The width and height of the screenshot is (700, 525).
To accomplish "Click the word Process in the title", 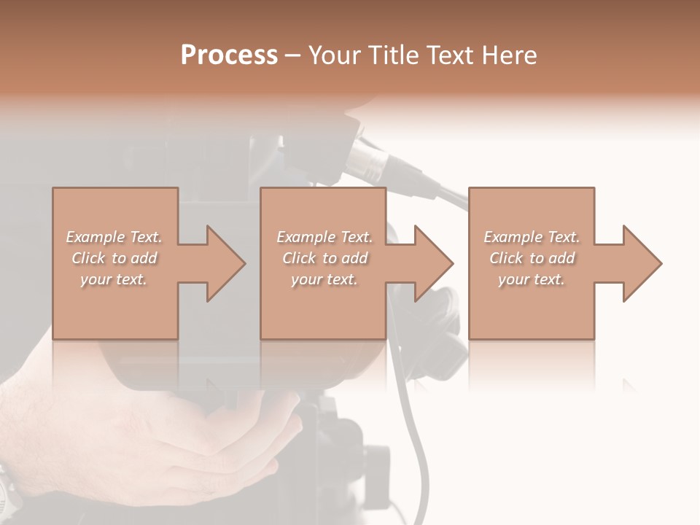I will [229, 55].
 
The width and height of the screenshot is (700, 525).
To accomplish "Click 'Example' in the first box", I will [95, 237].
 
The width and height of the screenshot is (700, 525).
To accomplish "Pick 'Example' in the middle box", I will [306, 237].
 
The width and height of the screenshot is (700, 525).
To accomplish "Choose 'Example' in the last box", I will [513, 237].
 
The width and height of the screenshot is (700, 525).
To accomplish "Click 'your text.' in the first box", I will [113, 279].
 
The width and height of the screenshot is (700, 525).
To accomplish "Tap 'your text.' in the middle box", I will [324, 279].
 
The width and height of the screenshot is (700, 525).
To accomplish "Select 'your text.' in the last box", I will [531, 279].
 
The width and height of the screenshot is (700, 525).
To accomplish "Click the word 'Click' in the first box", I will [87, 258].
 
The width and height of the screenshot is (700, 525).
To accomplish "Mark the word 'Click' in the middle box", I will [298, 258].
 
